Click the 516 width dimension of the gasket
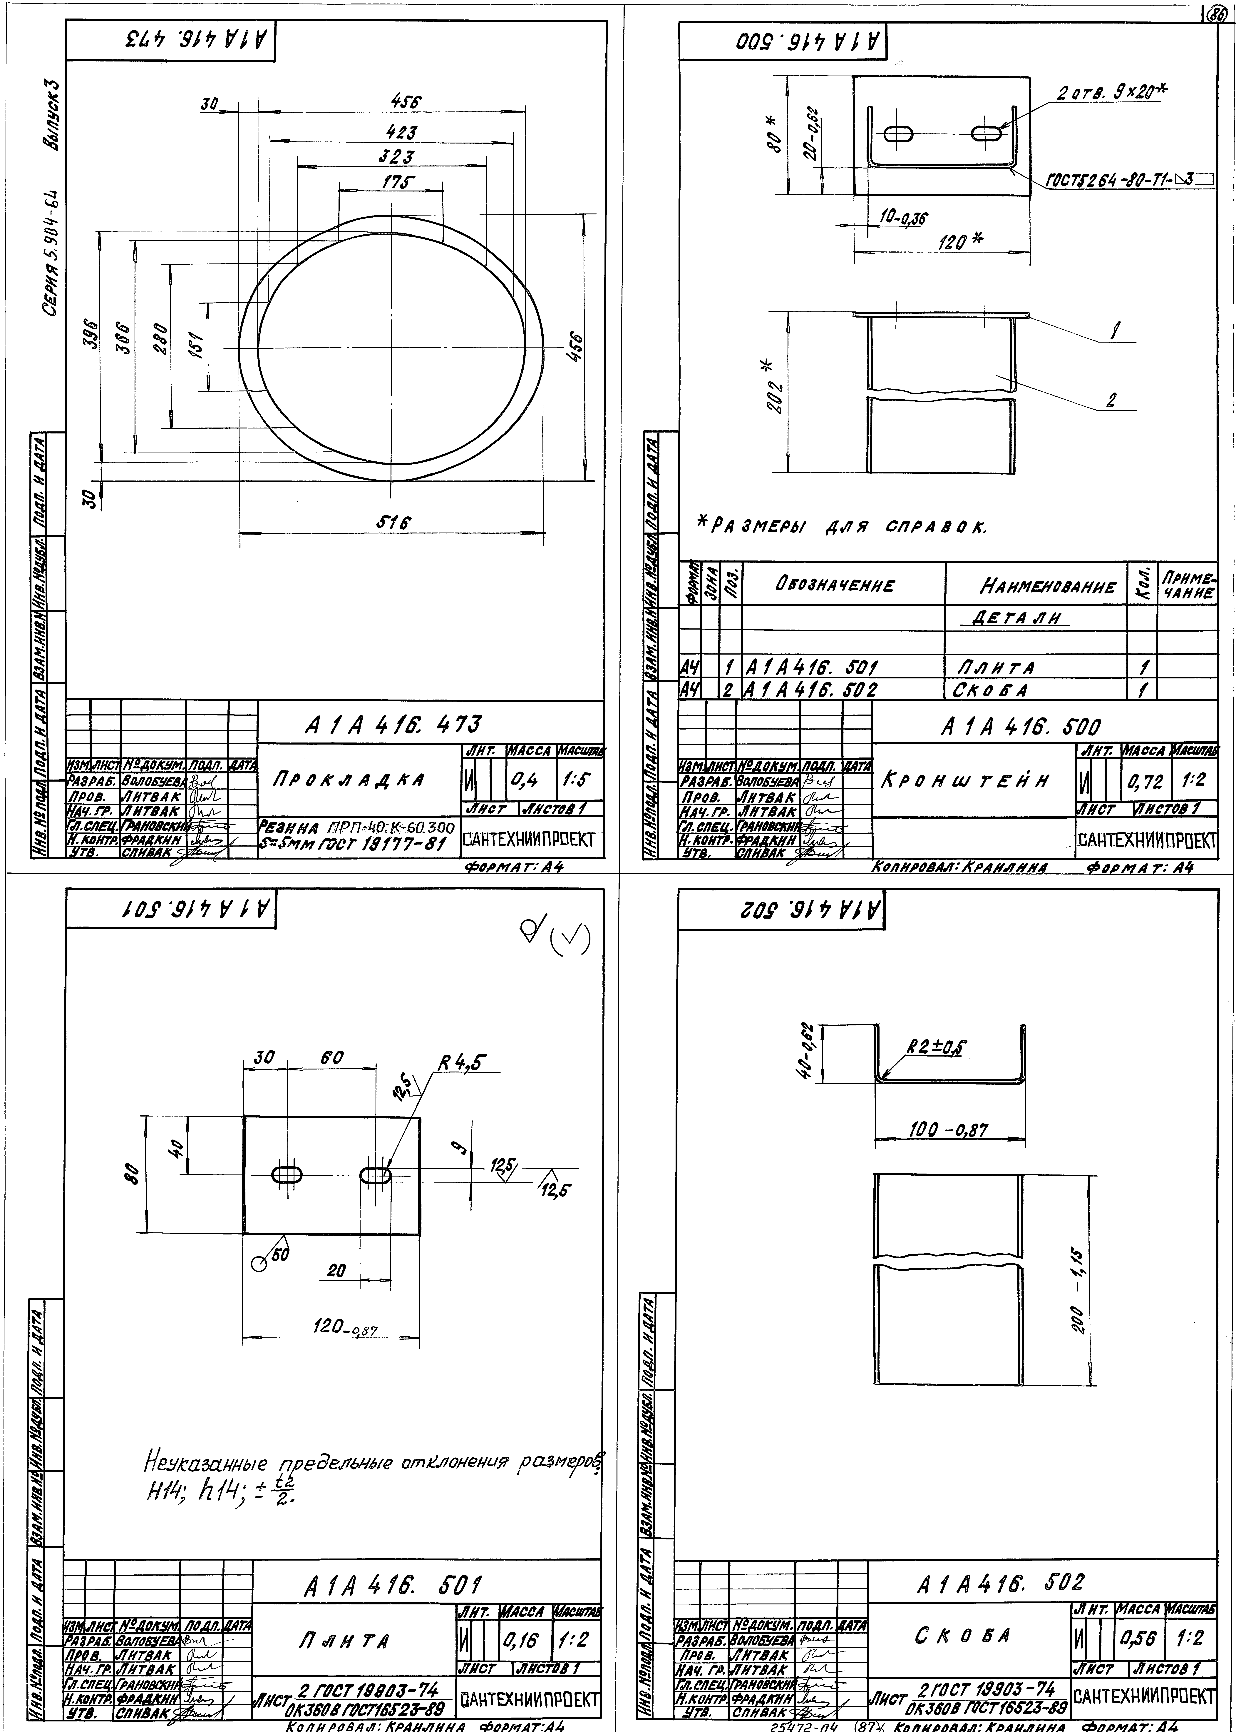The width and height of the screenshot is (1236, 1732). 393,523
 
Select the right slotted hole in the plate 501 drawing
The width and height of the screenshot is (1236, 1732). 375,1175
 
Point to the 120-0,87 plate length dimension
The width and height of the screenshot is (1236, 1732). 345,1327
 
